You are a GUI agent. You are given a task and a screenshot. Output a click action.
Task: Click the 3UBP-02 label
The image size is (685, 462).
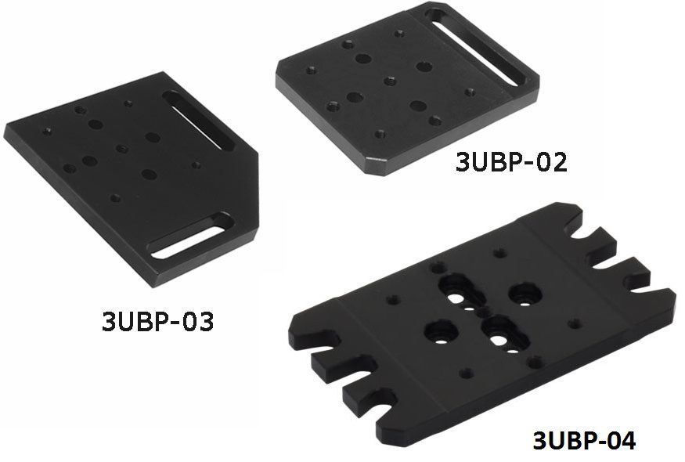click(x=511, y=162)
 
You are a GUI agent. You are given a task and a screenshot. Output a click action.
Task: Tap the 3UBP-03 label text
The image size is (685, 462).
click(x=157, y=321)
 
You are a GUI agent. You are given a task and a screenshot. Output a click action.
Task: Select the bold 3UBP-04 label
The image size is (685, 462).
click(x=584, y=441)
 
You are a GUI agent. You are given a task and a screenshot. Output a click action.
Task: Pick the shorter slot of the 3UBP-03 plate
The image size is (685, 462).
click(x=190, y=236)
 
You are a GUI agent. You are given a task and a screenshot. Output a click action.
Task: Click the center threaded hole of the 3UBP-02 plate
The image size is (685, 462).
click(x=390, y=81)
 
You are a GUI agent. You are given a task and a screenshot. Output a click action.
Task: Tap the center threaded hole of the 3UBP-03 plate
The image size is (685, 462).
click(x=122, y=149)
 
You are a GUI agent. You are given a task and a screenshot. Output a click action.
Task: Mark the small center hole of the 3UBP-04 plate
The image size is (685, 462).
click(x=484, y=312)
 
